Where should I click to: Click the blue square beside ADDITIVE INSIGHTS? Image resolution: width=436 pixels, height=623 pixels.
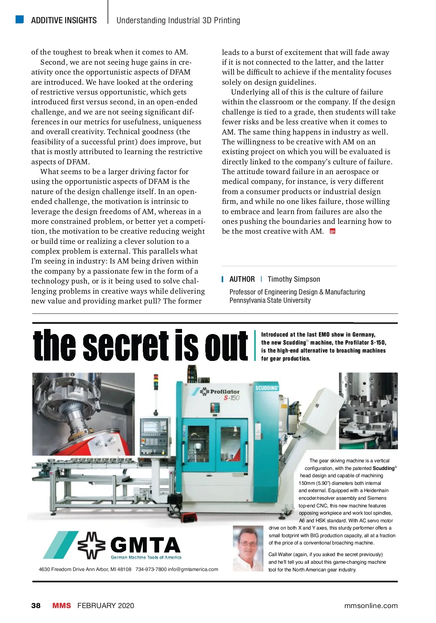click(x=20, y=19)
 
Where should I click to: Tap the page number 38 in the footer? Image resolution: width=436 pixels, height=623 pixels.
click(x=36, y=606)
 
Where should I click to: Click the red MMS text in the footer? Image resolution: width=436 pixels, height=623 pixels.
click(x=61, y=606)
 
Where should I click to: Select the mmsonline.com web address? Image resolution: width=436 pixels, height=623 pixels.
click(x=371, y=606)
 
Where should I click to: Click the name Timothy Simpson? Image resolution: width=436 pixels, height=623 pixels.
click(x=294, y=279)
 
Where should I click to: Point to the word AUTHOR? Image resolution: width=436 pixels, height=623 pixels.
click(x=242, y=279)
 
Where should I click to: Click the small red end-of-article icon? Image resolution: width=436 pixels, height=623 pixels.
click(x=332, y=231)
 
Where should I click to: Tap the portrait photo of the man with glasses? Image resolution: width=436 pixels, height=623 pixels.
click(x=248, y=548)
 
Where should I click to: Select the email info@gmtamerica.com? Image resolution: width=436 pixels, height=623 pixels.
click(x=193, y=569)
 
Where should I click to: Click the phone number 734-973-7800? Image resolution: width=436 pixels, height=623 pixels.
click(x=151, y=569)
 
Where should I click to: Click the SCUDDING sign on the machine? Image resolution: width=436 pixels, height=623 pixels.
click(x=267, y=388)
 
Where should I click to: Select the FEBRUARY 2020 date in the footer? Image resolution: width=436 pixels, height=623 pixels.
click(x=105, y=606)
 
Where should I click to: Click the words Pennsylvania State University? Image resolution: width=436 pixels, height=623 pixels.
click(x=270, y=300)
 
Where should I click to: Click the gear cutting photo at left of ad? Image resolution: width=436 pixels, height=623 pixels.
click(x=83, y=414)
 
